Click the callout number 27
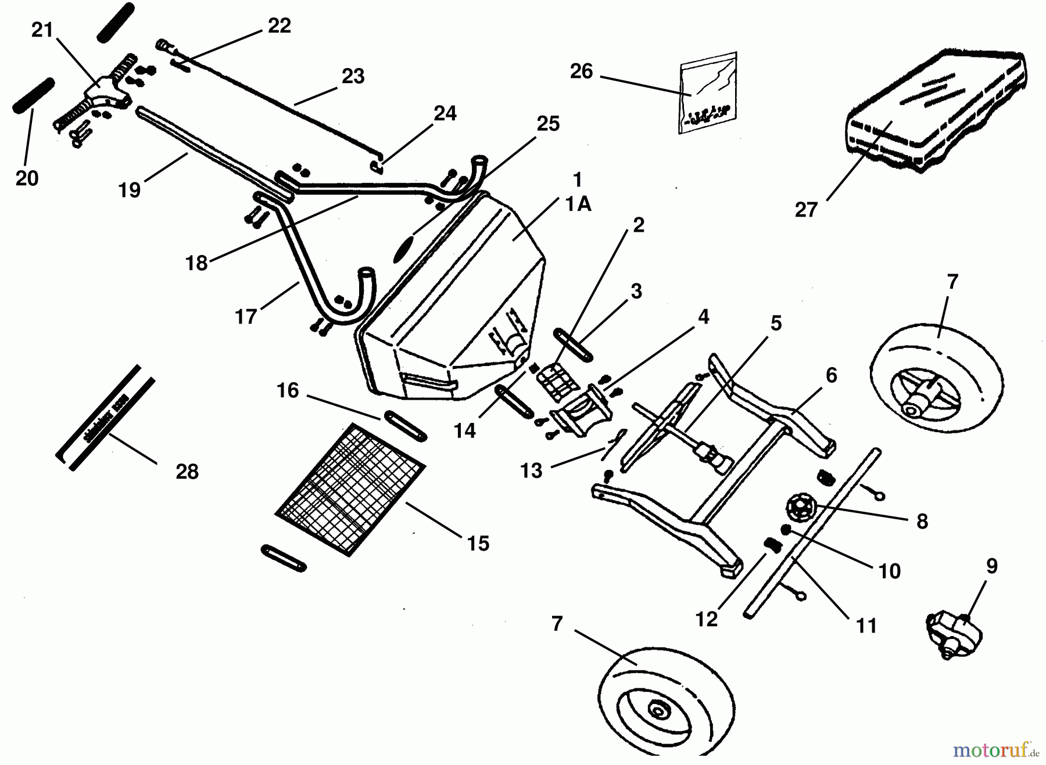pos(806,209)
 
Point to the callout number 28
pos(187,472)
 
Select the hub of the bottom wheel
pos(658,710)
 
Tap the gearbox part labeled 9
pos(953,634)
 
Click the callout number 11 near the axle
pos(866,626)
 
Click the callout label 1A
pos(578,204)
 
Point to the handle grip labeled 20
pos(34,96)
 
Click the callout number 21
pos(42,30)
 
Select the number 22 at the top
pos(279,26)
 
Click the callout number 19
pos(130,189)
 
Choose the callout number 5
pos(776,323)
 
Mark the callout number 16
pos(288,390)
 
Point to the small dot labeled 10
pos(786,530)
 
